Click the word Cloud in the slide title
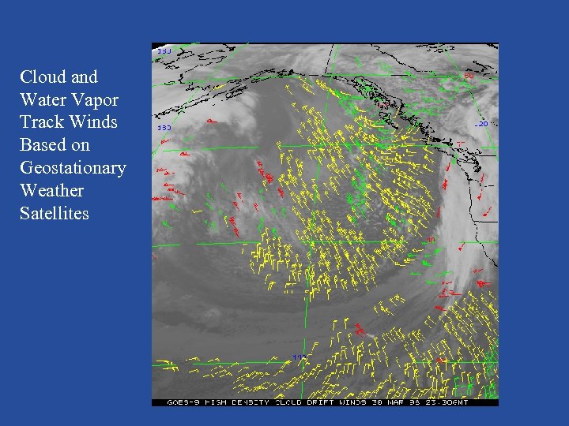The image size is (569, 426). (x=40, y=77)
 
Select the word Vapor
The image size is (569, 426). (x=95, y=99)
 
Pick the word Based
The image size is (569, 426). (x=43, y=145)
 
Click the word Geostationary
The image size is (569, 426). (x=73, y=168)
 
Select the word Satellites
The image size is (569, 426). (x=55, y=214)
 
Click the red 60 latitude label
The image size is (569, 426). (x=469, y=76)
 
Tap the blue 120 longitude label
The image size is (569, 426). (x=481, y=124)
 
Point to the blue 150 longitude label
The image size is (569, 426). (x=164, y=127)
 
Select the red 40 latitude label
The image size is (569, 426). (x=431, y=239)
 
